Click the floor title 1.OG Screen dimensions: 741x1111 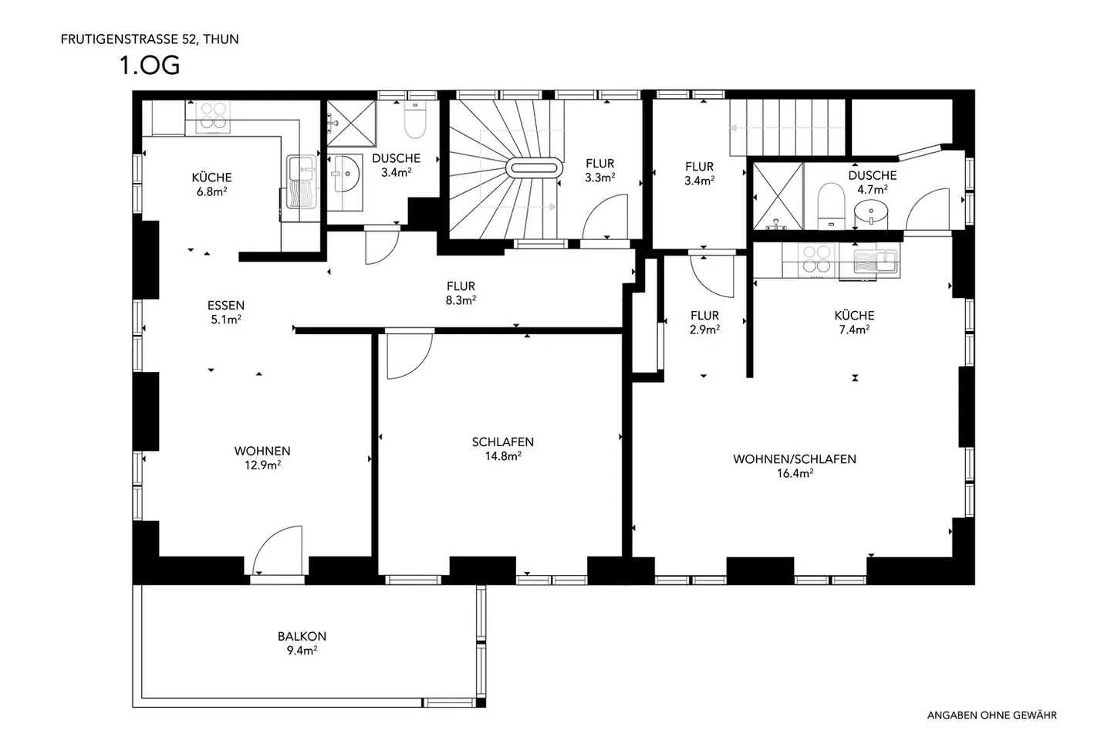[149, 66]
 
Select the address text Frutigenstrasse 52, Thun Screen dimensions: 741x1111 [150, 39]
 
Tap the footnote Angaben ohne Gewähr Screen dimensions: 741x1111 [991, 716]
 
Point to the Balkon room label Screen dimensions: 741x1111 [302, 637]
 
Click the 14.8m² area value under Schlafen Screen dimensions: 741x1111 [503, 456]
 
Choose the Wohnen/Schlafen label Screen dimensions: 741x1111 [794, 459]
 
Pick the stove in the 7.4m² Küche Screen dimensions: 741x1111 [814, 260]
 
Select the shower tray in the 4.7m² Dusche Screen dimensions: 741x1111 [777, 196]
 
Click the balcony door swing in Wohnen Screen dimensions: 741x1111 [276, 550]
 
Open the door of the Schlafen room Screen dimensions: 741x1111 [409, 354]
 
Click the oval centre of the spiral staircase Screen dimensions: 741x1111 [534, 168]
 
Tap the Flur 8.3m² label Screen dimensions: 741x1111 [460, 293]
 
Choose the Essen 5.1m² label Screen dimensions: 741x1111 [226, 312]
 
